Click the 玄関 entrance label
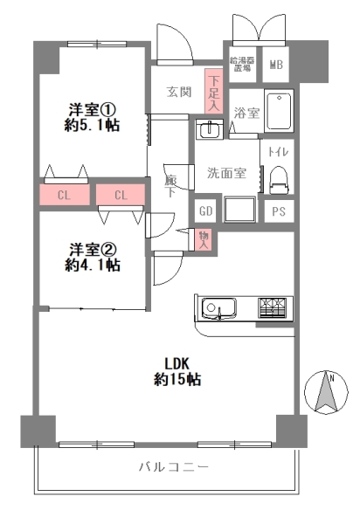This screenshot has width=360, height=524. [179, 91]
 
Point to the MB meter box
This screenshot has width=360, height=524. [276, 65]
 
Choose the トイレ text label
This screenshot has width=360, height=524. [278, 152]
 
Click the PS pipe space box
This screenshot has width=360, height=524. [278, 210]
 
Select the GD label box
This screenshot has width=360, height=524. [206, 211]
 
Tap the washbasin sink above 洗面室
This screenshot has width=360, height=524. [210, 131]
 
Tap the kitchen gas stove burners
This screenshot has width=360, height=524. [274, 307]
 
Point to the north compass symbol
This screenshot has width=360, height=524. [329, 392]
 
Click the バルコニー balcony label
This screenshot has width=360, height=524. [174, 468]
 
